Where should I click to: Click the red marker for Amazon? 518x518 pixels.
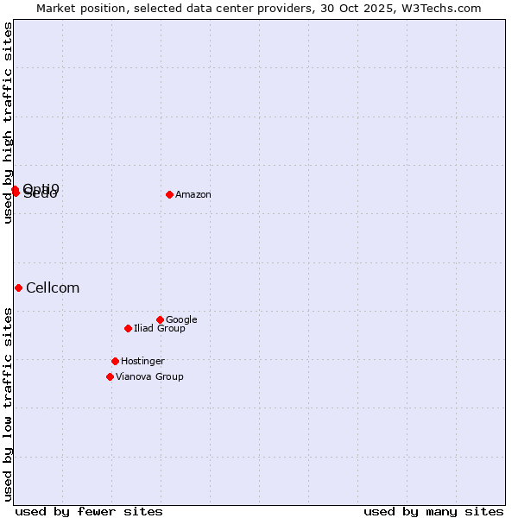coord(169,194)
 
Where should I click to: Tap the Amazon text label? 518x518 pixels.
coord(193,195)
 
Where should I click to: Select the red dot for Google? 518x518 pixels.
coord(160,319)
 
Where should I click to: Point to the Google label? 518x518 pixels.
coord(181,320)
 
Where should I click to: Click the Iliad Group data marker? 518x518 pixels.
coord(128,328)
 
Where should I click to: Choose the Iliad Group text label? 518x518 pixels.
coord(160,329)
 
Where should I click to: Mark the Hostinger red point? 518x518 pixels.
coord(115,361)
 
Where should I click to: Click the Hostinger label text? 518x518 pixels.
coord(142,362)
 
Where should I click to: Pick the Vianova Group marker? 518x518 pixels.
coord(110,376)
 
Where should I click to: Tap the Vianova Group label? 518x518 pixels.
coord(149,377)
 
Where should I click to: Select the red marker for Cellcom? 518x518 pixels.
coord(18,287)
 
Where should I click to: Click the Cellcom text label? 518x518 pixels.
coord(53,288)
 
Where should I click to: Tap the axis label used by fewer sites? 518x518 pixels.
coord(89,511)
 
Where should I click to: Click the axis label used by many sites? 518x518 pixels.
coord(433,511)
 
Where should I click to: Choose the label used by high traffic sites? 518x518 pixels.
coord(9,123)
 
